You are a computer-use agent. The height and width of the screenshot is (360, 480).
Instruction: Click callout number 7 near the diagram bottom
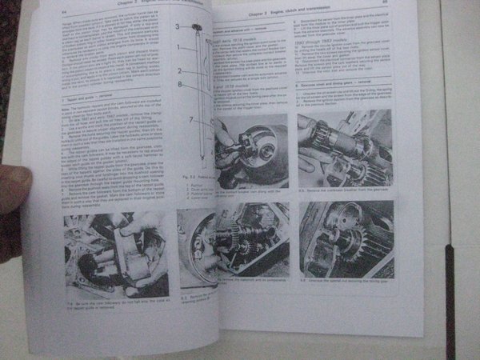(x=190, y=119)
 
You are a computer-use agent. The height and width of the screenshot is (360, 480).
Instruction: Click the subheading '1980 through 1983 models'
(x=329, y=47)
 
